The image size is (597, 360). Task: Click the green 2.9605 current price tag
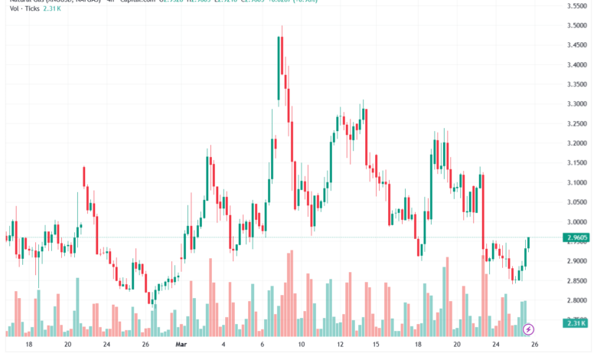pos(576,238)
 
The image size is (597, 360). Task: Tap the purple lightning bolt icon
pos(528,329)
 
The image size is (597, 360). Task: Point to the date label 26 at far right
pos(535,345)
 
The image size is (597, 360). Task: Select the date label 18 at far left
pos(28,345)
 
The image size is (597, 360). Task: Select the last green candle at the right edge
pos(528,243)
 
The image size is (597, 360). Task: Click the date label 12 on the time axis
pos(339,345)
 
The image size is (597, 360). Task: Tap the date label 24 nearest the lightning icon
pos(495,345)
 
